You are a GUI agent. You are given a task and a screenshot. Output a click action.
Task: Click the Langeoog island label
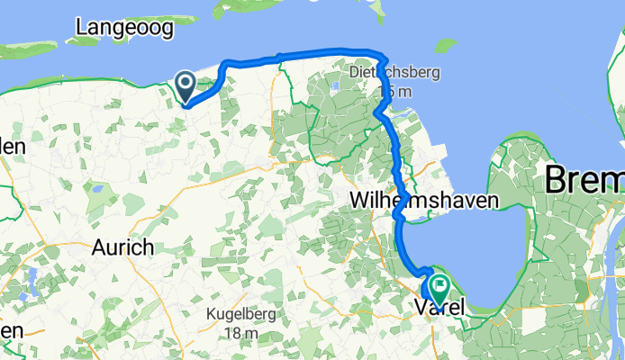pos(124,28)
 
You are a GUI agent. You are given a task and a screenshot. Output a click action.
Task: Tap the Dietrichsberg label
pos(388,75)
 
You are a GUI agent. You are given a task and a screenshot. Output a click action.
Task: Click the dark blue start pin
pos(185,87)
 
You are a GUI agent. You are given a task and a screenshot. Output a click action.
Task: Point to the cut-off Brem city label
pos(584,182)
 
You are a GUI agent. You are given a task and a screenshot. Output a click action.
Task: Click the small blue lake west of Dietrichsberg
pos(334,87)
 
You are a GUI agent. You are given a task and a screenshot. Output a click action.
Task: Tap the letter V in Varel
pos(421,309)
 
